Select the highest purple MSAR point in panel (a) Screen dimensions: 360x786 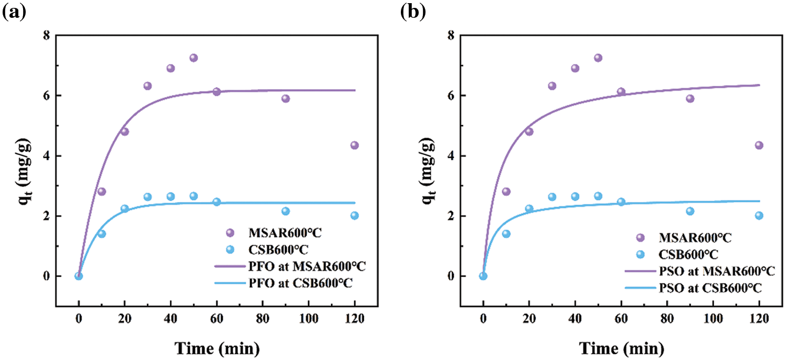pos(193,58)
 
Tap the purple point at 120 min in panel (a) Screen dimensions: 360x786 pos(354,145)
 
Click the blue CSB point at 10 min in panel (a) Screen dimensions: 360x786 pos(102,234)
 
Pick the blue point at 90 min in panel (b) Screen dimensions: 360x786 pos(690,211)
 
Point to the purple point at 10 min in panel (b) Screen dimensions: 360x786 pos(506,192)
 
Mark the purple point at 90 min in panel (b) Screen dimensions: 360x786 pos(690,99)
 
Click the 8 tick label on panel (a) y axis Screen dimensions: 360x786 pos(47,36)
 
